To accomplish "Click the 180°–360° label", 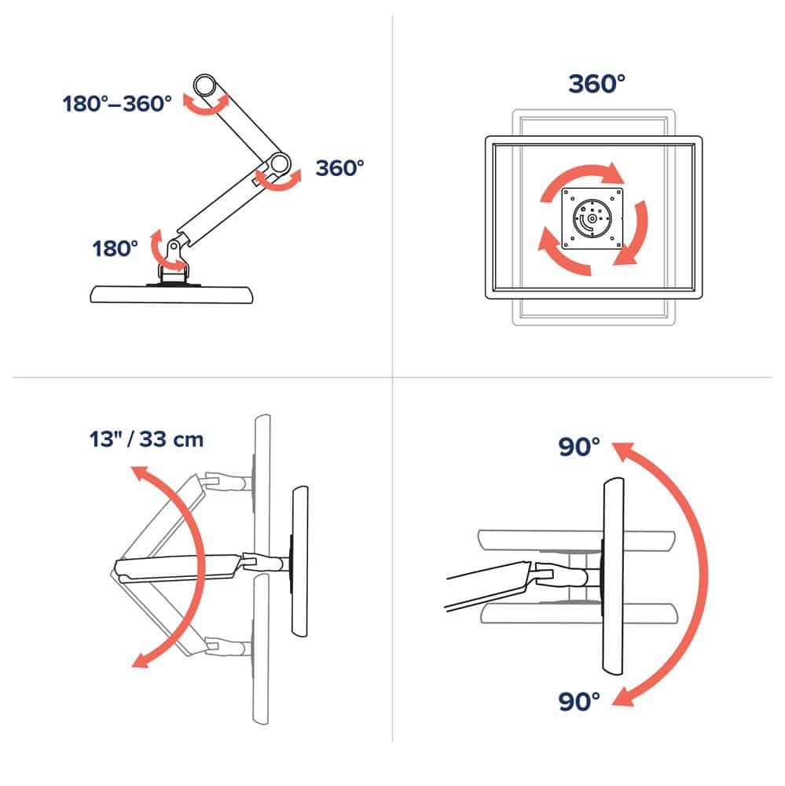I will [x=117, y=103].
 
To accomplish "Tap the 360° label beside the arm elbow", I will [x=340, y=167].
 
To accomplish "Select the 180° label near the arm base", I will [x=116, y=248].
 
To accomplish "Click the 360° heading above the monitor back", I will [x=596, y=84].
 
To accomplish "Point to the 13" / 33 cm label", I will [x=146, y=439].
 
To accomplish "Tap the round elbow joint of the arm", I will [x=276, y=163].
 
